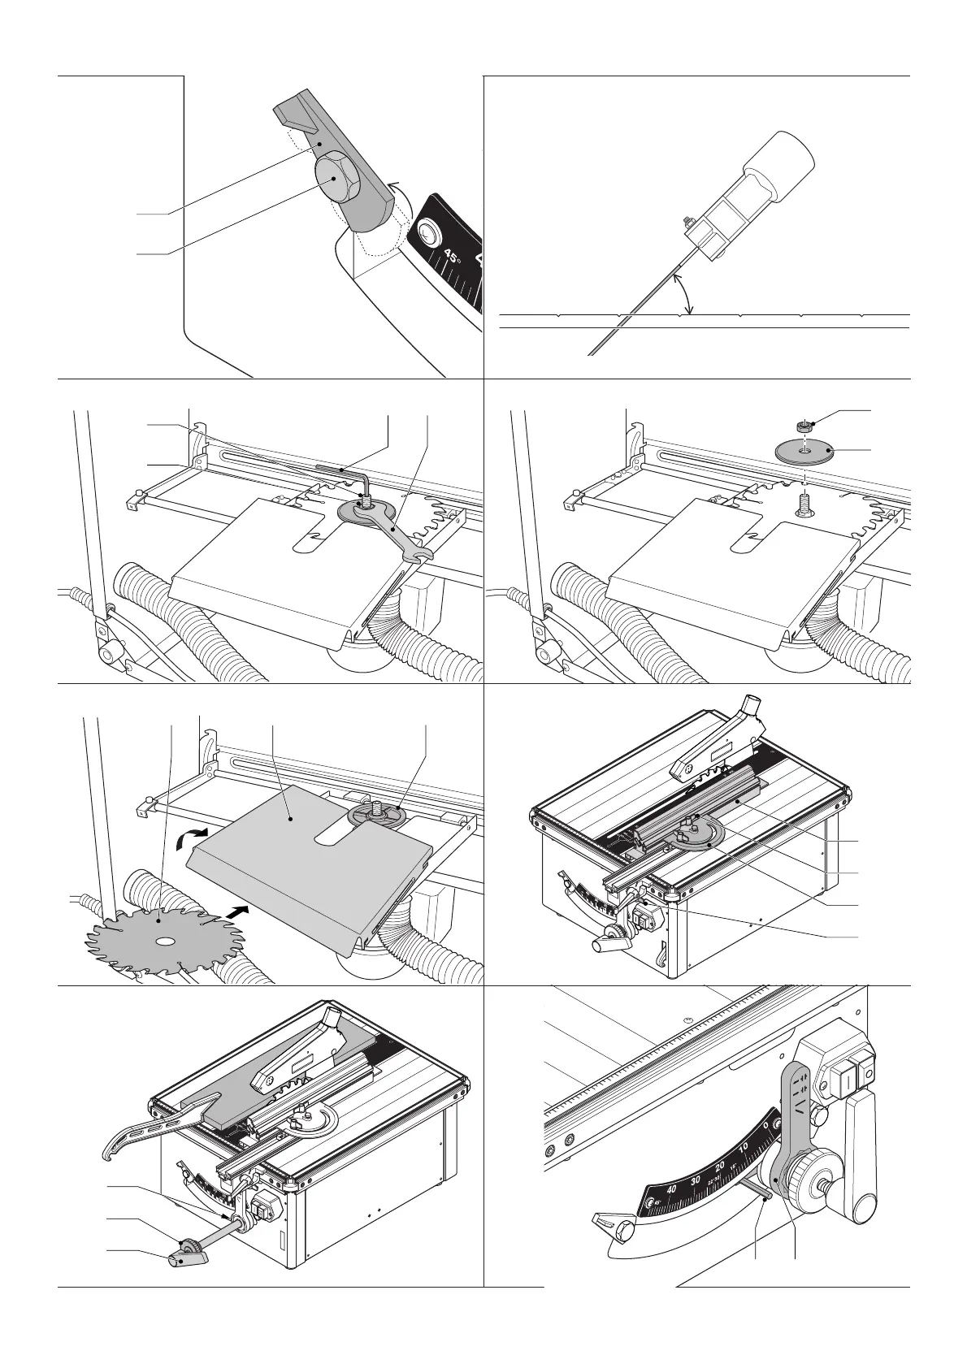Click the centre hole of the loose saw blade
[x=165, y=942]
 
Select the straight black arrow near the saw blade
[x=236, y=912]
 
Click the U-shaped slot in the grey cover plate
[x=332, y=836]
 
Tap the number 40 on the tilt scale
[x=670, y=1189]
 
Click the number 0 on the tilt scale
[x=767, y=1125]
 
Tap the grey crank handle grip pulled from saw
[x=189, y=1282]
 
